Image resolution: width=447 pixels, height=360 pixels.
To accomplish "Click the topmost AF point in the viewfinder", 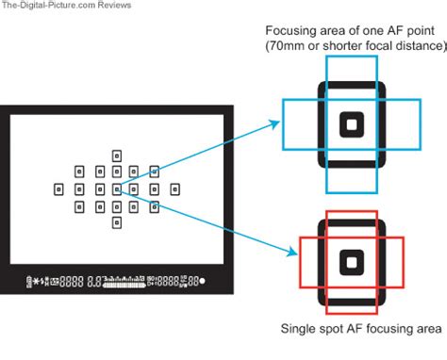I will [x=116, y=154].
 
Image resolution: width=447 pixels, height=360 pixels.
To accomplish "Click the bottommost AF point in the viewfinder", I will [x=116, y=222].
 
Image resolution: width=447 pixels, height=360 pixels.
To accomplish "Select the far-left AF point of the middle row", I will [x=58, y=188].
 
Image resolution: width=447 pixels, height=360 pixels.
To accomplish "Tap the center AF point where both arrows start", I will [x=116, y=188].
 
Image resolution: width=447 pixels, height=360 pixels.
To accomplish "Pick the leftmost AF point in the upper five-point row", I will [x=78, y=172].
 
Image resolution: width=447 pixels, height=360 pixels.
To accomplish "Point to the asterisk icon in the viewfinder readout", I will [x=41, y=281].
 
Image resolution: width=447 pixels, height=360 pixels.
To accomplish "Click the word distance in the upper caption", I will [x=416, y=46].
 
